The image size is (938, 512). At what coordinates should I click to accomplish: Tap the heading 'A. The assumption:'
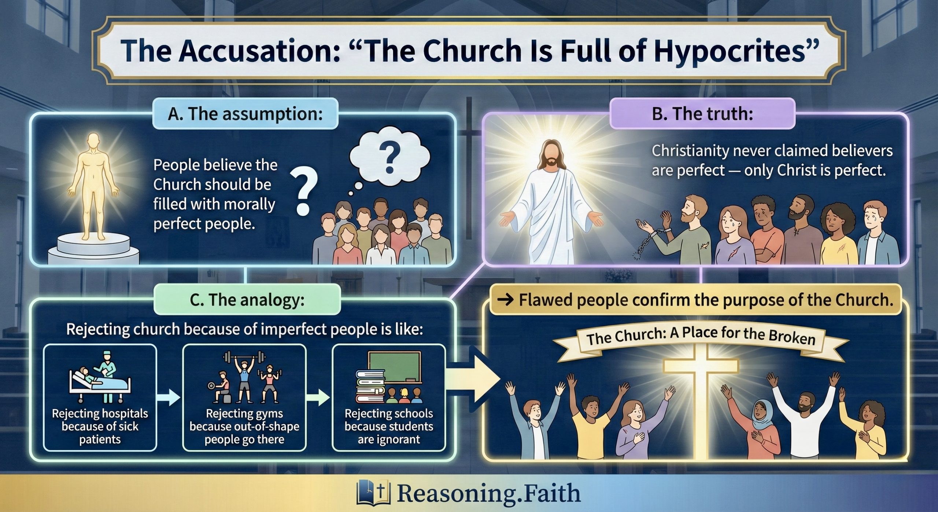(245, 114)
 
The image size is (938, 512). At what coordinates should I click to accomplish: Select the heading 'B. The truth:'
(702, 114)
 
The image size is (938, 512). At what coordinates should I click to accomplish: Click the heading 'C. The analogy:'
(247, 300)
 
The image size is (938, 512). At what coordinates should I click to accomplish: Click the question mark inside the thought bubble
(389, 158)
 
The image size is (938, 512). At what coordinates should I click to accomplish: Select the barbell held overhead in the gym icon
(244, 356)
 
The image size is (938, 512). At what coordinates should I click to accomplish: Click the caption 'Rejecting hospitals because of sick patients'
(100, 426)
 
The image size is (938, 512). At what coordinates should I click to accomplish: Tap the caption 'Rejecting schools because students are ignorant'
(389, 426)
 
